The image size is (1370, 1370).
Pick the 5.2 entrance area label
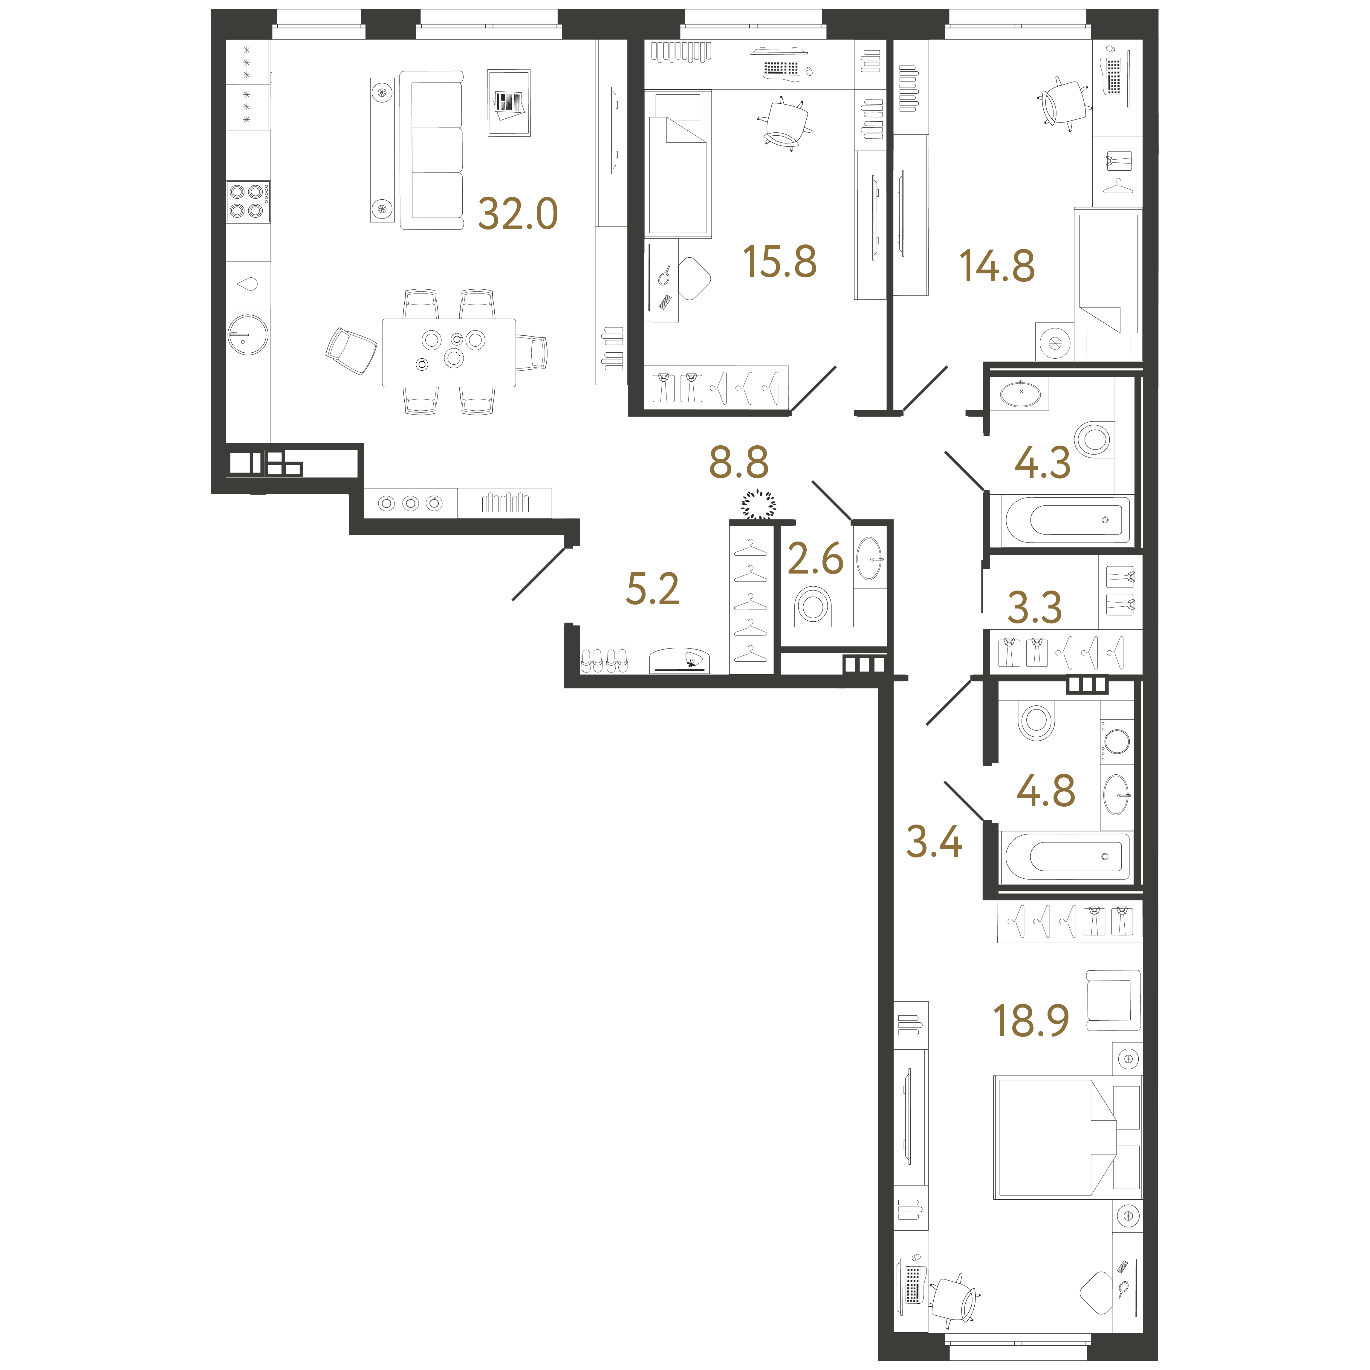pos(652,588)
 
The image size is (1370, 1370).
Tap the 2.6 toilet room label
pos(816,559)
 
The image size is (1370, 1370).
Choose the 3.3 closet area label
pos(1035,608)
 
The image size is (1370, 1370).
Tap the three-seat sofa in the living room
pos(431,150)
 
